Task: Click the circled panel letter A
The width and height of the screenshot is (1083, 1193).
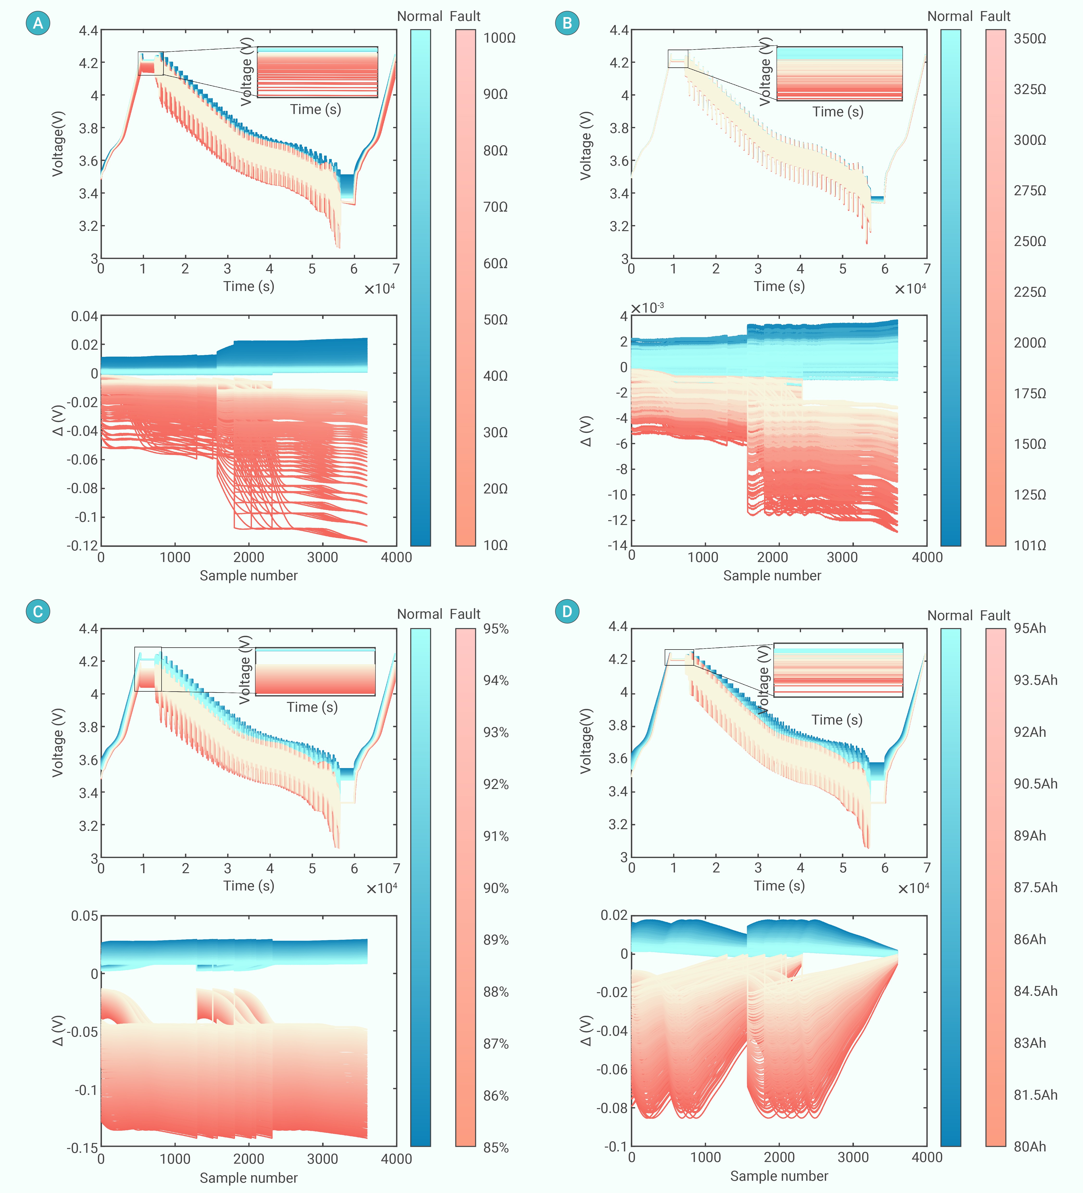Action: coord(38,23)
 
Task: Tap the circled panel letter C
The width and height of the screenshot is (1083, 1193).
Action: coord(38,611)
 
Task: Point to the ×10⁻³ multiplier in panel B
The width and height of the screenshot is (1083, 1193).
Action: coord(647,308)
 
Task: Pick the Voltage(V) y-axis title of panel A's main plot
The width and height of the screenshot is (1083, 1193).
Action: coord(57,144)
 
